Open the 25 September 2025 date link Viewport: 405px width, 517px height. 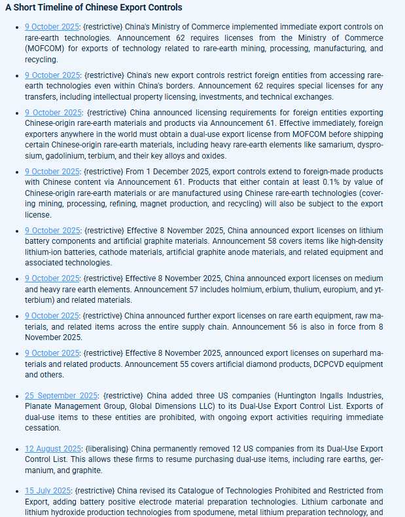coord(61,396)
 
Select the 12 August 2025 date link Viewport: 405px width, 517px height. coord(53,449)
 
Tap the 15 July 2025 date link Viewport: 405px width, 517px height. coord(48,491)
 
